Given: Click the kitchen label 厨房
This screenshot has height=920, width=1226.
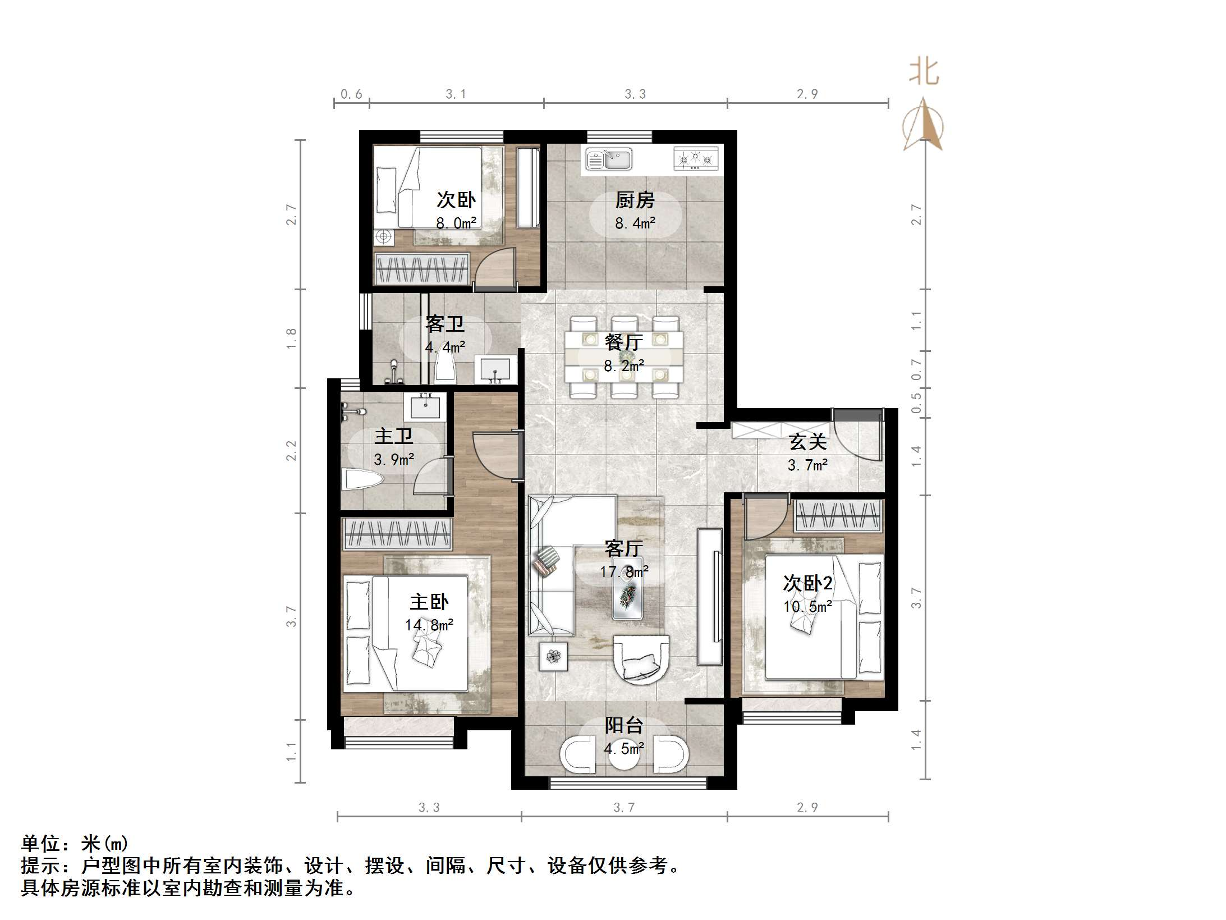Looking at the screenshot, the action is (x=635, y=200).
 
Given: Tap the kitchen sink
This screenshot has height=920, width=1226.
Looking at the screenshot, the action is (x=609, y=159).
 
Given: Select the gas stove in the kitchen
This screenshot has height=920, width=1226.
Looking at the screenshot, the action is (x=696, y=159).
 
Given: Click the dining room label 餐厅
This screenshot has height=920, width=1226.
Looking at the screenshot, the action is (x=623, y=342).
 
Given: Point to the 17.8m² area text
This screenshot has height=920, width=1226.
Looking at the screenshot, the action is (x=624, y=572).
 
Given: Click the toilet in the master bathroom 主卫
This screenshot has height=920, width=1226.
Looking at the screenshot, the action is (x=362, y=480).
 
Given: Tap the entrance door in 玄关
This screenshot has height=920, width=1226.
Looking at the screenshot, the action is (x=856, y=433).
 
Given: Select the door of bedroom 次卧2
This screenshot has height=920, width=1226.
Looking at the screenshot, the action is (x=766, y=516).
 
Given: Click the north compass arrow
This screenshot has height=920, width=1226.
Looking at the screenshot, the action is (x=924, y=125).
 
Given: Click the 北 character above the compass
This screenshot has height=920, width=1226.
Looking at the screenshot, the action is (x=924, y=72).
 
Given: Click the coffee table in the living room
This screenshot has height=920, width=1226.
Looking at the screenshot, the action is (x=627, y=589).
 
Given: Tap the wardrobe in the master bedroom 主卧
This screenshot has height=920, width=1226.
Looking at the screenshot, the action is (x=397, y=534).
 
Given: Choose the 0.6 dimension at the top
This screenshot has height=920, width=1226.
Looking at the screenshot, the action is (x=351, y=94).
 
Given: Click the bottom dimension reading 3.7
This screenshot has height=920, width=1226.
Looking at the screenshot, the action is (x=624, y=807).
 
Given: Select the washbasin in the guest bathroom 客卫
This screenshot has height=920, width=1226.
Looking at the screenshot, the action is (x=494, y=370).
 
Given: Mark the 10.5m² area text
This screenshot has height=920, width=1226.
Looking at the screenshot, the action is (x=807, y=606).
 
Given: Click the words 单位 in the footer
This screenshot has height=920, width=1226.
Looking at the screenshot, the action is (x=41, y=844).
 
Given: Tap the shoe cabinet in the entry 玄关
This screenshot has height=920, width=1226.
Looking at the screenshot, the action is (x=780, y=430).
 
